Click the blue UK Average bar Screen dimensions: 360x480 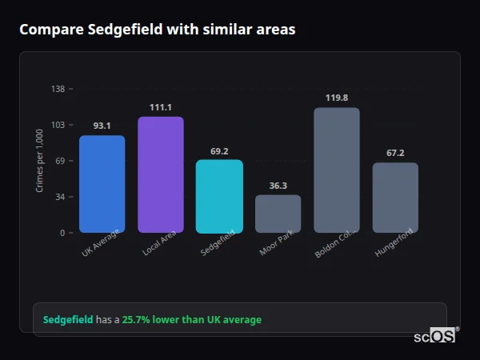coord(102,184)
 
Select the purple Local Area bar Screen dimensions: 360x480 coord(161,174)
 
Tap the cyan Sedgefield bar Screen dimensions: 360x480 coord(219,196)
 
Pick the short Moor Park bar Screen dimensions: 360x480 coord(278,214)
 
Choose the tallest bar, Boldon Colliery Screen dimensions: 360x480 coord(336,170)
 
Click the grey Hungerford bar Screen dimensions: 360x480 coord(395,198)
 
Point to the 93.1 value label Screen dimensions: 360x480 coord(102,126)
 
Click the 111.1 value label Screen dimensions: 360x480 coord(161,107)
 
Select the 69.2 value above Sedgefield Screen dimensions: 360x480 coord(219,150)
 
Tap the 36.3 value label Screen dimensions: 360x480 coord(278,186)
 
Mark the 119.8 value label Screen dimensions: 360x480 coord(336,98)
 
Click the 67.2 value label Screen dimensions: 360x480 coord(395,153)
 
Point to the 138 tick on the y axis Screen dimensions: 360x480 coord(58,89)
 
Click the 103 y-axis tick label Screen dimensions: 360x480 coord(58,125)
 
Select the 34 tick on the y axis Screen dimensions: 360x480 coord(59,197)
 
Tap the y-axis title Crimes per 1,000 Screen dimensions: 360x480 coord(40,161)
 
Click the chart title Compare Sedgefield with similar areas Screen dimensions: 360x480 coord(158,30)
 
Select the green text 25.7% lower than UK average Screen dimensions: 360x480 coord(191,320)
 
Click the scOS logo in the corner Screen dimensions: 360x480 coord(434,336)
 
